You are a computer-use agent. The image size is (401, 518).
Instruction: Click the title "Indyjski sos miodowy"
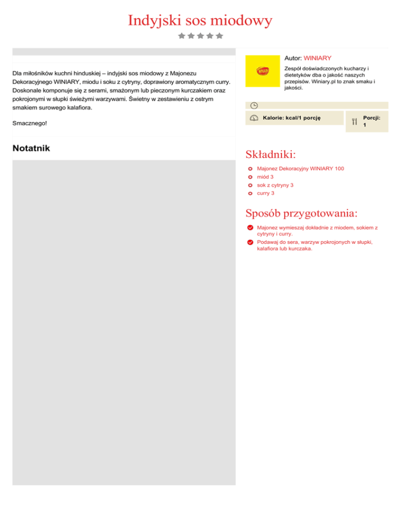click(200, 21)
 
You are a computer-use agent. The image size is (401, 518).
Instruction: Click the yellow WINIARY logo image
click(263, 71)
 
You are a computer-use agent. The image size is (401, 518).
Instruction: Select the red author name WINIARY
click(317, 58)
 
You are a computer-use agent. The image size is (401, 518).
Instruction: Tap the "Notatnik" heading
click(31, 148)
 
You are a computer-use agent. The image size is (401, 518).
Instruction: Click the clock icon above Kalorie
click(254, 105)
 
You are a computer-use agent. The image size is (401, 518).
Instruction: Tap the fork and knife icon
click(354, 122)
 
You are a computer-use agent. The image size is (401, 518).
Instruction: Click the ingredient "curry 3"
click(266, 193)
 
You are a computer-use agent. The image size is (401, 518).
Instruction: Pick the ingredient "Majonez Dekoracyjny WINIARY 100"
click(300, 169)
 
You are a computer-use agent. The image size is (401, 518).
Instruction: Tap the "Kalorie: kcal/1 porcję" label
click(291, 118)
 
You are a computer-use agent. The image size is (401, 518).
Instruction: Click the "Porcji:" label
click(371, 118)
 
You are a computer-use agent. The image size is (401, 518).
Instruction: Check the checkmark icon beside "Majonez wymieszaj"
click(251, 228)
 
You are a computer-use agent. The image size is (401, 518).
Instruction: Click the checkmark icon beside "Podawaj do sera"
click(251, 242)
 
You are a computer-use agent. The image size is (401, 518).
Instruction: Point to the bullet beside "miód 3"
click(251, 177)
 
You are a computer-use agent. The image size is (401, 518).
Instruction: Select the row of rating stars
click(200, 36)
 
